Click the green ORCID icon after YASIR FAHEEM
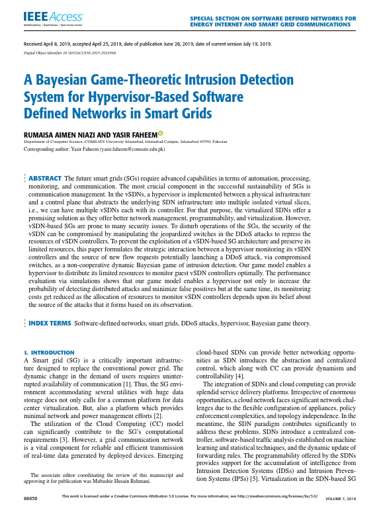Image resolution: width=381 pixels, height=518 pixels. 160,134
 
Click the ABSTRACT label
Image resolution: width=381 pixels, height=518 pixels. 44,179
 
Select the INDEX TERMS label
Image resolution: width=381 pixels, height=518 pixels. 49,324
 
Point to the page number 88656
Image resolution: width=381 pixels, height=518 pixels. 30,496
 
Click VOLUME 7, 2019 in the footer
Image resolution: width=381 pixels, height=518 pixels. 341,496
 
